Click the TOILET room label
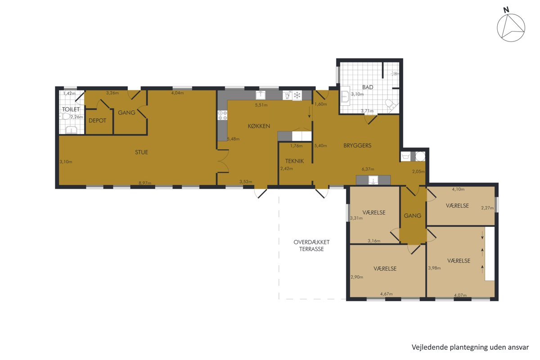point(71,109)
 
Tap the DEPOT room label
point(97,121)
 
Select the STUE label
point(141,152)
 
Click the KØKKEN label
point(259,126)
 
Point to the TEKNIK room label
point(295,161)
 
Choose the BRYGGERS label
point(357,145)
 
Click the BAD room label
point(368,87)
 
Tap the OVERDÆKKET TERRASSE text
point(311,245)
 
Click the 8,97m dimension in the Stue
point(145,183)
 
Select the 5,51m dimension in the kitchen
point(261,105)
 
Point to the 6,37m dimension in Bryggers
point(368,169)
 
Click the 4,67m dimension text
point(387,294)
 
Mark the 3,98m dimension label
point(434,268)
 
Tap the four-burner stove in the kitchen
point(222,115)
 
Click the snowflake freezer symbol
point(297,95)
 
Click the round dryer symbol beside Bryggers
point(420,156)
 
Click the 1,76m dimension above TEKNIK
point(296,146)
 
